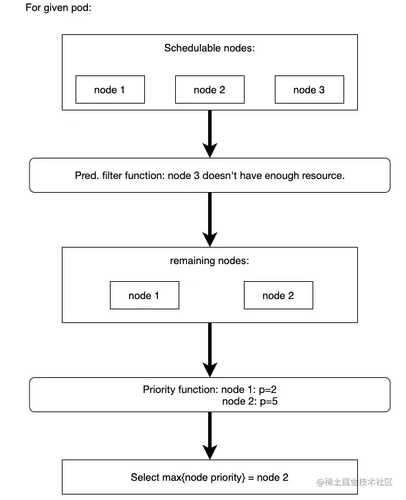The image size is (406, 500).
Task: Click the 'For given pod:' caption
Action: click(58, 8)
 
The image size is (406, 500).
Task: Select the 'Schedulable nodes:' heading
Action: click(210, 48)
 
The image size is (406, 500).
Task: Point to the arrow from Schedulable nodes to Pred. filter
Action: click(210, 134)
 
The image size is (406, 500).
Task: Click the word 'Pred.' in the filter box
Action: click(87, 176)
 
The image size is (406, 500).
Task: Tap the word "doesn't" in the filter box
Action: click(220, 176)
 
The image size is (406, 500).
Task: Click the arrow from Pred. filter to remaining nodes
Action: click(210, 219)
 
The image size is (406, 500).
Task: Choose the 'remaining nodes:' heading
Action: click(210, 261)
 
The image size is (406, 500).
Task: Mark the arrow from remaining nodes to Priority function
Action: click(210, 350)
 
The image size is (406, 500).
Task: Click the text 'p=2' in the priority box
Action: click(268, 390)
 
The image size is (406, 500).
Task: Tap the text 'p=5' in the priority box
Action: click(269, 401)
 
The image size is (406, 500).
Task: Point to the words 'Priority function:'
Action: click(181, 390)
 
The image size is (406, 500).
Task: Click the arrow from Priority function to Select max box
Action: click(210, 436)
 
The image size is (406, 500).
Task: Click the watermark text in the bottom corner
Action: click(354, 481)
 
